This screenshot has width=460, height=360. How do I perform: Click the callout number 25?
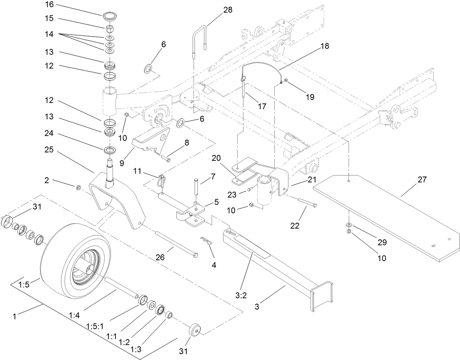pyautogui.click(x=49, y=150)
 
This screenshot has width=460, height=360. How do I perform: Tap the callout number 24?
pyautogui.click(x=49, y=134)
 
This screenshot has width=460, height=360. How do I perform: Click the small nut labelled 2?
pyautogui.click(x=78, y=188)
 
